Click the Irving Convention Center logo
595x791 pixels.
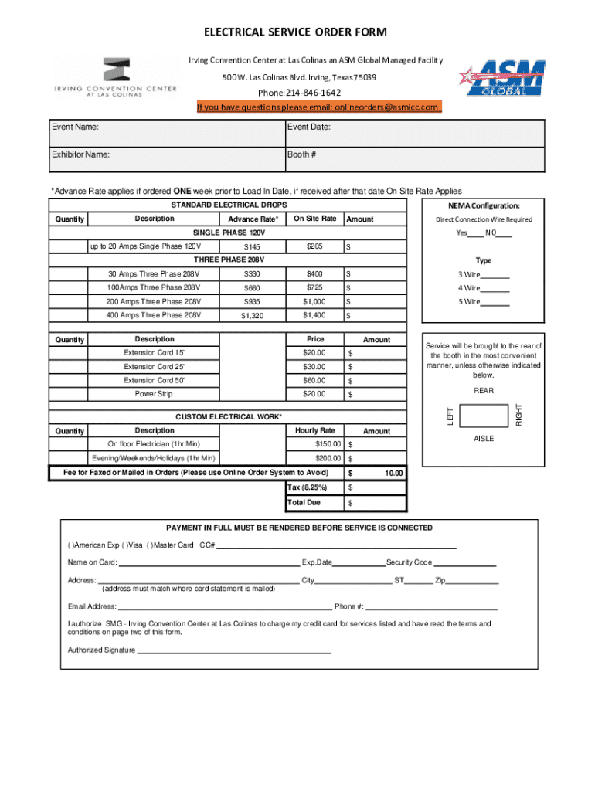[x=115, y=77]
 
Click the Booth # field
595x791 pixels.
[x=413, y=160]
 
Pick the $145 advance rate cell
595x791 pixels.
[x=251, y=247]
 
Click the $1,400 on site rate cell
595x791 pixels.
[x=314, y=315]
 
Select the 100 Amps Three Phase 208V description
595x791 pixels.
[x=154, y=288]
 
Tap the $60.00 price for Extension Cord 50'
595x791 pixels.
[x=314, y=380]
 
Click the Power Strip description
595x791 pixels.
[x=154, y=394]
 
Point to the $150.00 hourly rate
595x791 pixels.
[x=325, y=444]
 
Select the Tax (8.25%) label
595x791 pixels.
[x=307, y=487]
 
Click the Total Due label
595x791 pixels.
[x=304, y=502]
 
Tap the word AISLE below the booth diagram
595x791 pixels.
[x=484, y=438]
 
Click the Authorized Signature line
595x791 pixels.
[x=233, y=651]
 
